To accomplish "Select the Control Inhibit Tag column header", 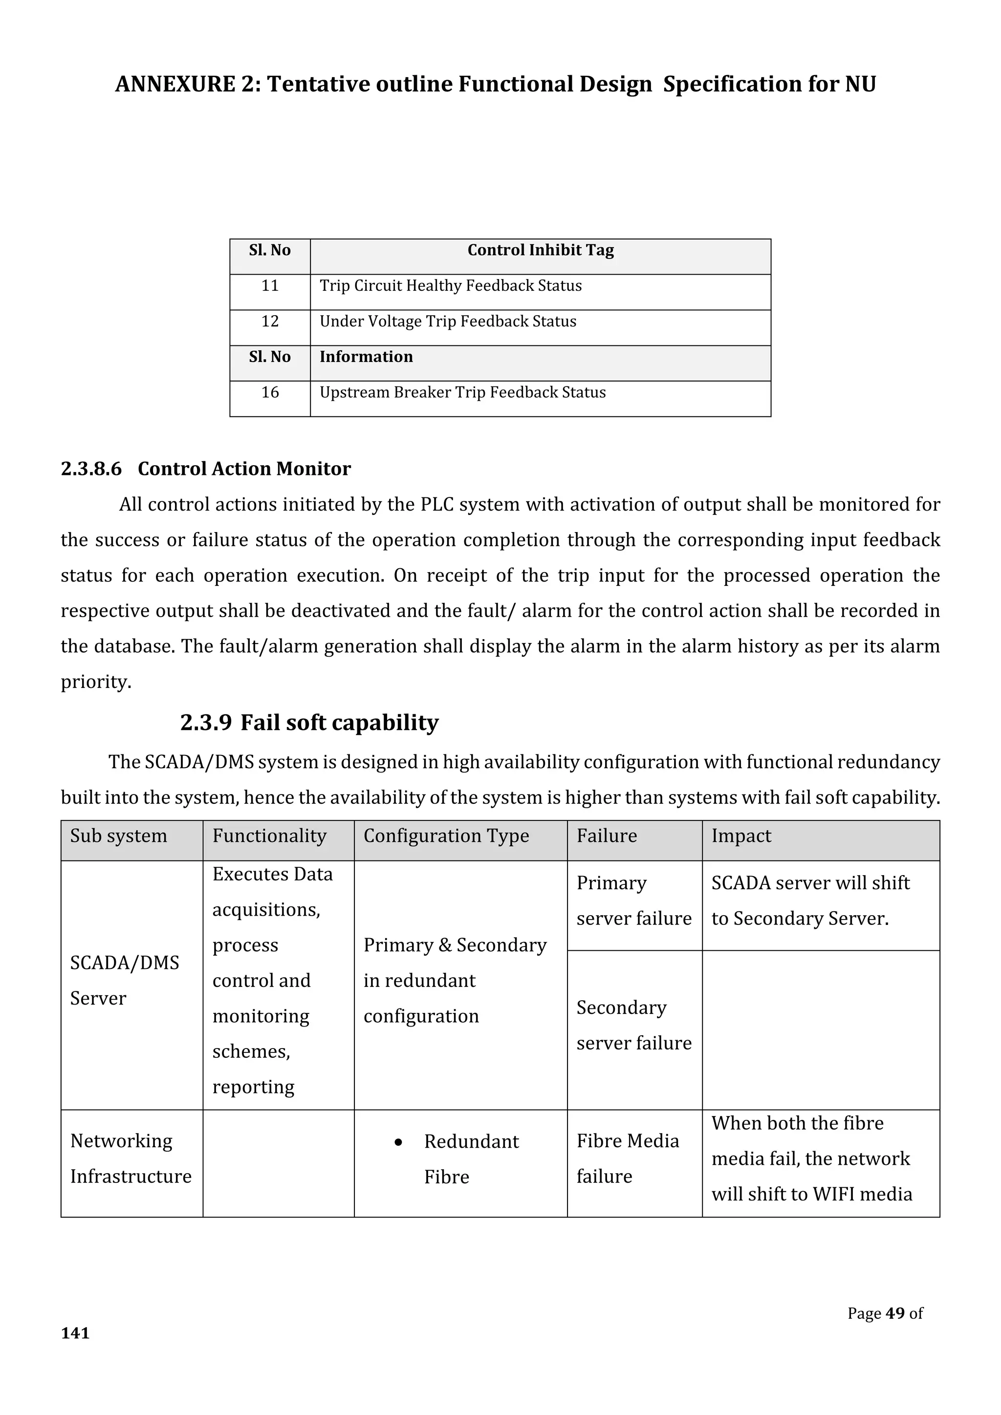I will point(540,250).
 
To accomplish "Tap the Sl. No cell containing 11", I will point(269,286).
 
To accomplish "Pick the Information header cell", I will point(366,357).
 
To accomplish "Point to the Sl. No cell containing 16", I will point(269,392).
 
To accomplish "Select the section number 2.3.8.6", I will point(91,469).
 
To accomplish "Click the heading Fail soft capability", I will point(339,722).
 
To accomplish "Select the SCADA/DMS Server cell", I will point(125,980).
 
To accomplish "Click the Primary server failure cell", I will point(633,900).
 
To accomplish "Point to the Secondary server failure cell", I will point(633,1025).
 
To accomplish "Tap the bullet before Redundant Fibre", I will point(398,1142).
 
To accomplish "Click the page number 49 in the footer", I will point(895,1313).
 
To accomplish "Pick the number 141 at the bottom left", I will point(75,1333).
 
